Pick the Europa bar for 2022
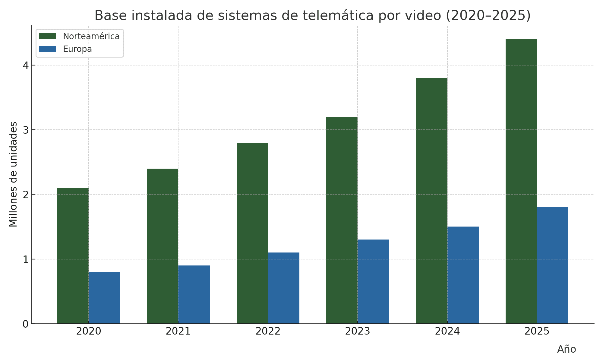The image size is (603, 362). tap(284, 288)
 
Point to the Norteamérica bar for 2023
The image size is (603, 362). tap(342, 220)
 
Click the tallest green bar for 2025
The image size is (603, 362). tap(521, 181)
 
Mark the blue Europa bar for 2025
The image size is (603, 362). tap(553, 265)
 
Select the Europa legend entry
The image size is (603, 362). tap(77, 49)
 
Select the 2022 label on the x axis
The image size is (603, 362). tap(268, 332)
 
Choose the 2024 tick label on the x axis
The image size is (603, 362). tap(447, 332)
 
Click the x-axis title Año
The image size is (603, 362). tap(567, 349)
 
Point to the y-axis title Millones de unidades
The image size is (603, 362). tap(13, 174)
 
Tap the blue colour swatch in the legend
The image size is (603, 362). tap(48, 49)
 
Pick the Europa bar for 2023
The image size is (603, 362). tap(373, 282)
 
